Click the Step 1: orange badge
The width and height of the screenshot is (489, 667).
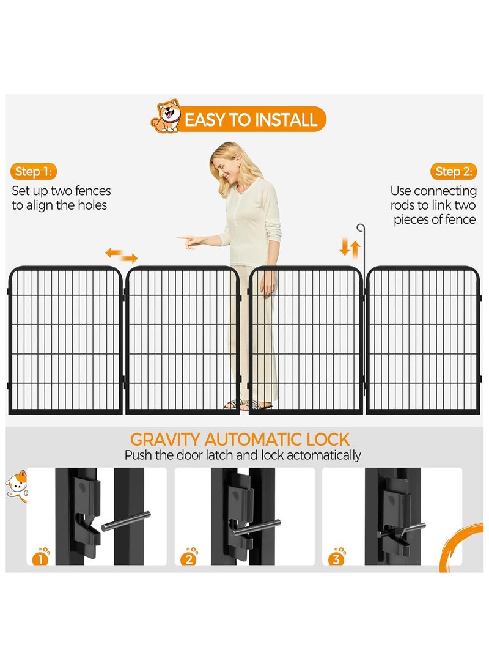(x=34, y=171)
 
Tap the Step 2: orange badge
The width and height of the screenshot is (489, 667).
(x=454, y=171)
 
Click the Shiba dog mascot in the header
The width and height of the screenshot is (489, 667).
(x=167, y=116)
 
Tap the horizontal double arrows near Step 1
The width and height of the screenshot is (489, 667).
(x=122, y=255)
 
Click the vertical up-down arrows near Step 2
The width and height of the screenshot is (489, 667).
(x=350, y=248)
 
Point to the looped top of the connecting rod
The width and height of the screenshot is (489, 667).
(x=361, y=227)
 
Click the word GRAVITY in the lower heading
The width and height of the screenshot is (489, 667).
(x=165, y=440)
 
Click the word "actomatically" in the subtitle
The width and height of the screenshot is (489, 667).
(x=323, y=455)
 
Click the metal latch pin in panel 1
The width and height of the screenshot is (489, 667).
(x=126, y=521)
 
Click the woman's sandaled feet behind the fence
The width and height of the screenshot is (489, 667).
(x=248, y=405)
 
